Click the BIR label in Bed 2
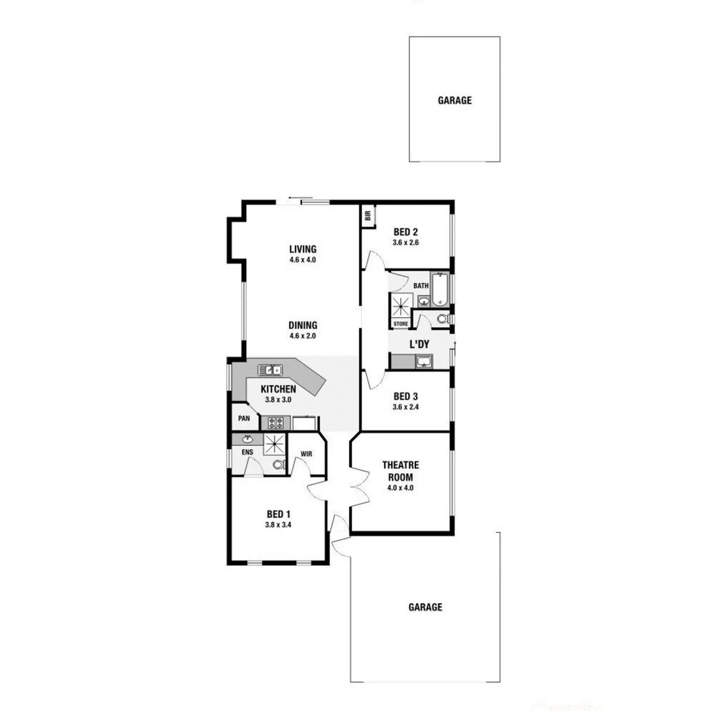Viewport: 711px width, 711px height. [x=368, y=214]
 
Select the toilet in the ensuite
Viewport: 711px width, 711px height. [x=278, y=464]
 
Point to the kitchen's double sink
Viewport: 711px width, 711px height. [x=270, y=369]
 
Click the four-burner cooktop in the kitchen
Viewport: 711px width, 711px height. [x=275, y=423]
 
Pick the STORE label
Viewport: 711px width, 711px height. [x=400, y=324]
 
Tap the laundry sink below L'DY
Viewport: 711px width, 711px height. [x=423, y=361]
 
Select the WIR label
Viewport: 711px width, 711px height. [x=306, y=454]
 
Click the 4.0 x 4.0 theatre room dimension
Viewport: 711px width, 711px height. [x=400, y=488]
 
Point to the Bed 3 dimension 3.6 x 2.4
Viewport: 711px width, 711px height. [x=406, y=407]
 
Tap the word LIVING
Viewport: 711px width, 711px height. [x=303, y=249]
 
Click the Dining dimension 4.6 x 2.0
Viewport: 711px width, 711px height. [x=303, y=336]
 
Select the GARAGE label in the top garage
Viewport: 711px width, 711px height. [x=454, y=101]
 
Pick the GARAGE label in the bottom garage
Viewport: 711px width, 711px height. [x=425, y=607]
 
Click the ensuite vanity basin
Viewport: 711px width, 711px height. [x=248, y=439]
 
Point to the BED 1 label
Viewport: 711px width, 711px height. [x=278, y=514]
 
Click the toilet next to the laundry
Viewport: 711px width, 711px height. [x=442, y=319]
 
